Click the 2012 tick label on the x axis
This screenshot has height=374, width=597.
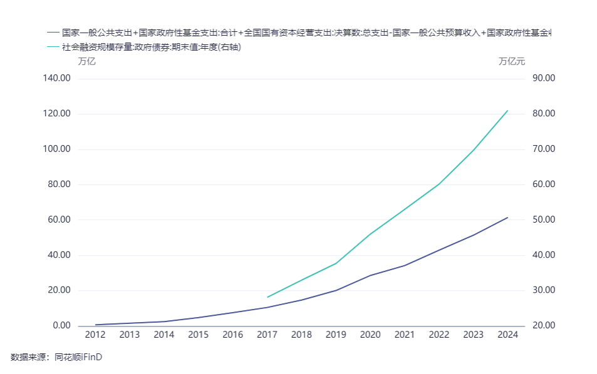95,335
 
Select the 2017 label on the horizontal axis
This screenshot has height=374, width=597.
267,335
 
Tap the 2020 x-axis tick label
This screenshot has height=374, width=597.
370,335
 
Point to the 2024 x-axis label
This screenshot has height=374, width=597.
507,335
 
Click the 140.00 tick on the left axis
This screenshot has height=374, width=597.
57,78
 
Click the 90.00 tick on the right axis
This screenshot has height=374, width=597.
543,78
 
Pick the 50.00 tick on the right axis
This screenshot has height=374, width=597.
543,220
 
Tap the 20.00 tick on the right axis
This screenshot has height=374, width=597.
543,326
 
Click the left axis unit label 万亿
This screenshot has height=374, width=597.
87,61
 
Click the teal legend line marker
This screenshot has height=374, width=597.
53,47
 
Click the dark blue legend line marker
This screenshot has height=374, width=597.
53,32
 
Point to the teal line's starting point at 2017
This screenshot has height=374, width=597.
267,297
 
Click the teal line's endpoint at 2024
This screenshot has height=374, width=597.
507,111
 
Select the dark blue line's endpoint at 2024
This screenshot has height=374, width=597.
507,218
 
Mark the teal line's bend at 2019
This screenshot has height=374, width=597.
336,263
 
